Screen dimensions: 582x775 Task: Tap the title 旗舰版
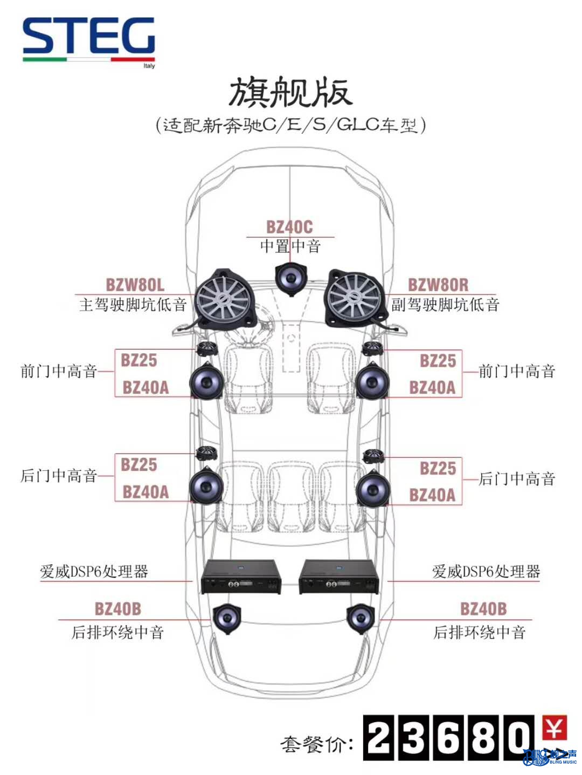coord(291,93)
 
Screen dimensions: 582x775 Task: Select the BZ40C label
coord(289,227)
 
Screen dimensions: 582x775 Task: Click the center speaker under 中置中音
coord(291,279)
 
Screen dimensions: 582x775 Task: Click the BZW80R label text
coord(438,285)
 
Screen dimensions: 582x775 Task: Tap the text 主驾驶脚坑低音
coord(133,305)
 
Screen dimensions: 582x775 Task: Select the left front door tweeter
coord(206,349)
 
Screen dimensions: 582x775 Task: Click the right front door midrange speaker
coord(372,381)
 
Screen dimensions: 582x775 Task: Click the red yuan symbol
coord(554,728)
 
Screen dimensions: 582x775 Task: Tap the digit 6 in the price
coord(448,737)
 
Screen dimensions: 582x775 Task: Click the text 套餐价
coord(317,744)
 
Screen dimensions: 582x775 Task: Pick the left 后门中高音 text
coord(59,476)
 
